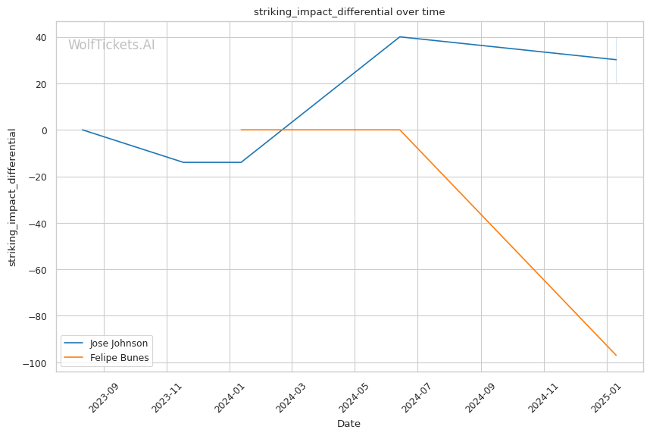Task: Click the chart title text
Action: pyautogui.click(x=349, y=12)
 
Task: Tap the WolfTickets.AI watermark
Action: pyautogui.click(x=111, y=45)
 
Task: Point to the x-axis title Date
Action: pyautogui.click(x=348, y=424)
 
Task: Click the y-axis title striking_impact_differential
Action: pyautogui.click(x=12, y=197)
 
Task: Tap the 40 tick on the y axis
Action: pyautogui.click(x=41, y=37)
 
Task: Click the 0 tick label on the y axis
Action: pyautogui.click(x=44, y=130)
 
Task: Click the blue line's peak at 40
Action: pyautogui.click(x=400, y=37)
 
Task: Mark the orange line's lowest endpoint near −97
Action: pyautogui.click(x=616, y=355)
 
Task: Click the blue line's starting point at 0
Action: pyautogui.click(x=83, y=130)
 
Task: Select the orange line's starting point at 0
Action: pyautogui.click(x=241, y=130)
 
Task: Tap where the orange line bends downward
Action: pyautogui.click(x=400, y=130)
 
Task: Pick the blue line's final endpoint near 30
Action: pyautogui.click(x=616, y=59)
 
